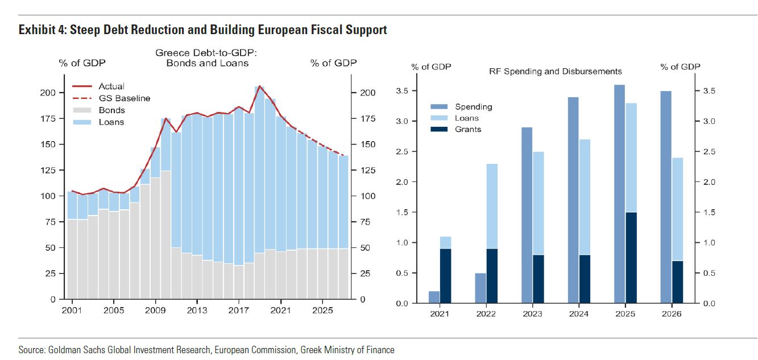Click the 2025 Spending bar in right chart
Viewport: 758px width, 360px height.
619,194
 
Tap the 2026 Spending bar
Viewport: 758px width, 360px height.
665,197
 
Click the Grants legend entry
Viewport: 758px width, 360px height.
467,129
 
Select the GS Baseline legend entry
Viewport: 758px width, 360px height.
124,98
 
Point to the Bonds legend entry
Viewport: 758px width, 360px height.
111,110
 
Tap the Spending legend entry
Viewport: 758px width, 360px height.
473,106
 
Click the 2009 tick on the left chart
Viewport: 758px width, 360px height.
155,311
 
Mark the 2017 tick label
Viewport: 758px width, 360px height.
239,311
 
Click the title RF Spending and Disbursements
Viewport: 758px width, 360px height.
555,71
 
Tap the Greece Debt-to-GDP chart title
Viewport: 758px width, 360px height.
207,57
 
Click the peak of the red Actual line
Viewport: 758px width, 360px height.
260,86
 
